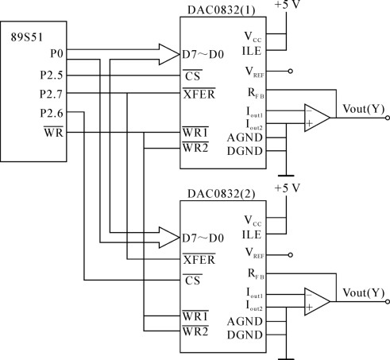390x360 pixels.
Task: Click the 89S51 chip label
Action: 26,37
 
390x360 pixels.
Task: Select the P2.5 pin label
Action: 52,75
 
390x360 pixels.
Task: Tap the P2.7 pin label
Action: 51,94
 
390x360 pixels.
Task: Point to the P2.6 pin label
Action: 52,114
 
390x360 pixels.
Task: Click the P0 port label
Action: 57,54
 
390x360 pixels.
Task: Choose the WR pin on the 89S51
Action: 53,132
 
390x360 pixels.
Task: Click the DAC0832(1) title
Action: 222,10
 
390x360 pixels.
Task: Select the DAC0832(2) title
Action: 222,194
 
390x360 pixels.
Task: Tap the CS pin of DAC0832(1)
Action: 192,75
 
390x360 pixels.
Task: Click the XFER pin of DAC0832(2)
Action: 199,259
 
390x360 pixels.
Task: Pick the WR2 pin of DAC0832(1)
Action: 195,148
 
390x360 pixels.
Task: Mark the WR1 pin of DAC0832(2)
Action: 195,316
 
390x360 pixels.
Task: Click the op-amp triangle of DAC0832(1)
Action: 317,118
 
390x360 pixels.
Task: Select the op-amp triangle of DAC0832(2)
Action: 317,301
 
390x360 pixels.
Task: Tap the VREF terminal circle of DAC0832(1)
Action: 291,72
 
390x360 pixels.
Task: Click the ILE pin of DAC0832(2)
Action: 252,234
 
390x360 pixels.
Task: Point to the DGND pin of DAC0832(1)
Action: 245,151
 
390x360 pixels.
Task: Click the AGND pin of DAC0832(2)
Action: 245,322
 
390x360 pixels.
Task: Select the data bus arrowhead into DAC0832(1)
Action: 169,54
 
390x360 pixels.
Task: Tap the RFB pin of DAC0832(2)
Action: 256,274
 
